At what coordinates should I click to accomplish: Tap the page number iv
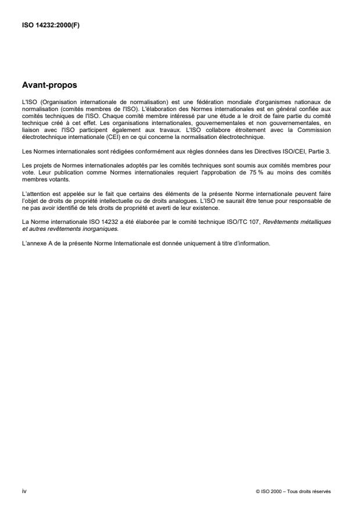[23, 491]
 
